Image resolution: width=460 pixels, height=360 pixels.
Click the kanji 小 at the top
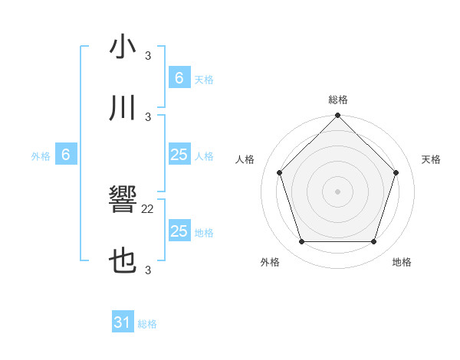123,47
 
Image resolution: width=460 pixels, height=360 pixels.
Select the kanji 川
123,108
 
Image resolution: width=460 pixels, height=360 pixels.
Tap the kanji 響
123,201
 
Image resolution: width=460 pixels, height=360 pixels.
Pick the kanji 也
123,262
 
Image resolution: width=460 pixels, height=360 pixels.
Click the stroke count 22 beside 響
148,208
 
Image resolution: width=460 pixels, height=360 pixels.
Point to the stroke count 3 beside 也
148,270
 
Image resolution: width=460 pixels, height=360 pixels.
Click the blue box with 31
123,322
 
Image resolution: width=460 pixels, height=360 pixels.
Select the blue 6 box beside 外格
66,155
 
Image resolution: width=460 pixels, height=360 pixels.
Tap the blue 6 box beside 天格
179,78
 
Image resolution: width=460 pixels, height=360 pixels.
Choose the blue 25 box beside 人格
179,155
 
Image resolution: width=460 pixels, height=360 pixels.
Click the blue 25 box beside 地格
179,231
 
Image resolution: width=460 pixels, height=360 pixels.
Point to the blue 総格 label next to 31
147,324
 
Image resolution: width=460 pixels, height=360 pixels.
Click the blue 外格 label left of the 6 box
41,156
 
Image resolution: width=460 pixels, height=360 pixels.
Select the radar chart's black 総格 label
337,100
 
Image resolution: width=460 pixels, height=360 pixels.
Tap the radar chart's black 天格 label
432,159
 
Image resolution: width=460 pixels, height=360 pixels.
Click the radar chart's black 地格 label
402,262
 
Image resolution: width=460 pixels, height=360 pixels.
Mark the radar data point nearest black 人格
279,172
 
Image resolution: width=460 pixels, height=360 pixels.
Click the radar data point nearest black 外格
301,242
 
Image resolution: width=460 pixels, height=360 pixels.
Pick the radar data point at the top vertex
337,116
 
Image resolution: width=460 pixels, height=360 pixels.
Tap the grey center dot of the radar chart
337,191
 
